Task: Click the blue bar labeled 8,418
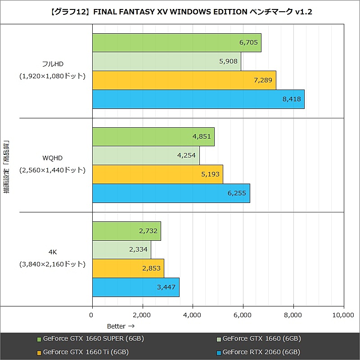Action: coord(198,99)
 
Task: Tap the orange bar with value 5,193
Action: coord(157,174)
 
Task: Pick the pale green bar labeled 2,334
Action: coord(121,249)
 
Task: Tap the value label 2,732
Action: coord(148,231)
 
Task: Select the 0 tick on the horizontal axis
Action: coord(92,315)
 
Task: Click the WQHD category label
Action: coord(52,158)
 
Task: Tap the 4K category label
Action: coord(52,252)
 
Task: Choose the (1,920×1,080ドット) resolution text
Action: coord(52,76)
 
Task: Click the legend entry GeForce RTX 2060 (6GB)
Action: coord(261,352)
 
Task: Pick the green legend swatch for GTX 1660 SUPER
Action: coord(39,339)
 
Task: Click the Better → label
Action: coord(121,326)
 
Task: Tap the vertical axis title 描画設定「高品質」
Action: coord(6,166)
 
